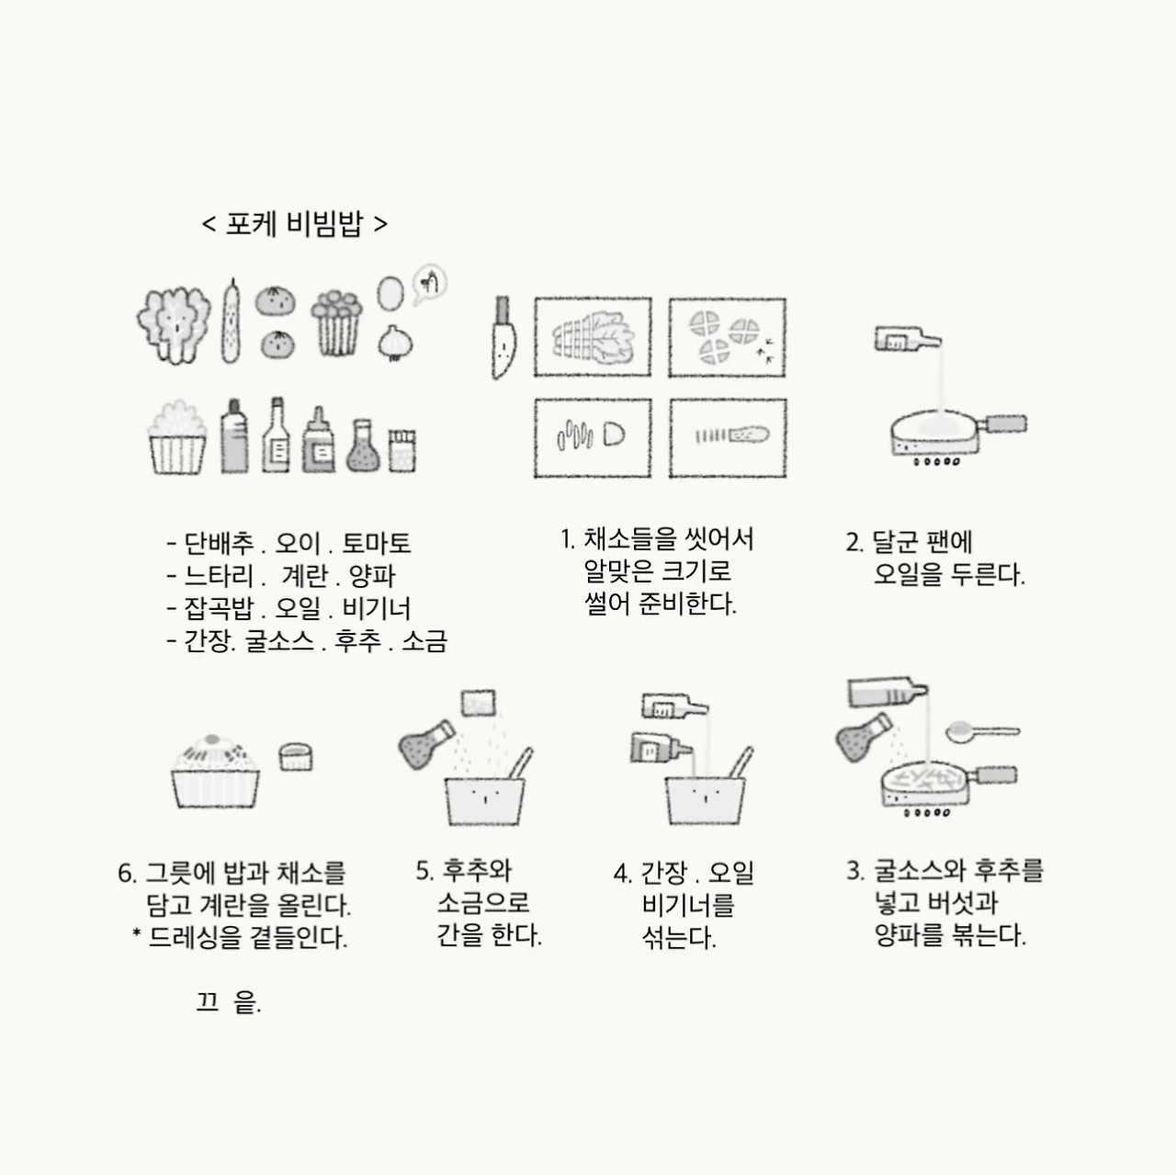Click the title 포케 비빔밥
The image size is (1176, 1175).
(294, 223)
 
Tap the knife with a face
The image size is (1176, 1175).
(503, 337)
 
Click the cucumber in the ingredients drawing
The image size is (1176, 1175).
(230, 321)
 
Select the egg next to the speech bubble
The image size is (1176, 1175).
(390, 293)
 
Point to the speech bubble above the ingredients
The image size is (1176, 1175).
(430, 283)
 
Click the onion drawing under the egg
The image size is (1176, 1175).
(395, 343)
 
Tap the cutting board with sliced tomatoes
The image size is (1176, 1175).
(727, 337)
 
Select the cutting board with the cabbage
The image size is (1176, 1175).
(593, 337)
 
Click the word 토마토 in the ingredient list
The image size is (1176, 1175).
(376, 543)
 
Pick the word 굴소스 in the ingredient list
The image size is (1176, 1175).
(279, 640)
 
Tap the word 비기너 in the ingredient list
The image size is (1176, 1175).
(377, 608)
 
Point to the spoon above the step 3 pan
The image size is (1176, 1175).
(982, 731)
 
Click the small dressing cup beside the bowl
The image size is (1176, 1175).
(296, 757)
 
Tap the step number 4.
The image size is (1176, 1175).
(622, 874)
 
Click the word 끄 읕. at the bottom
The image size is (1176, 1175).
(228, 1002)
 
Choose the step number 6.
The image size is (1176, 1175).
(126, 874)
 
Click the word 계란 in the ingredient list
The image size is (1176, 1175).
(304, 575)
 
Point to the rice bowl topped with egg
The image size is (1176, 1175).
(215, 772)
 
